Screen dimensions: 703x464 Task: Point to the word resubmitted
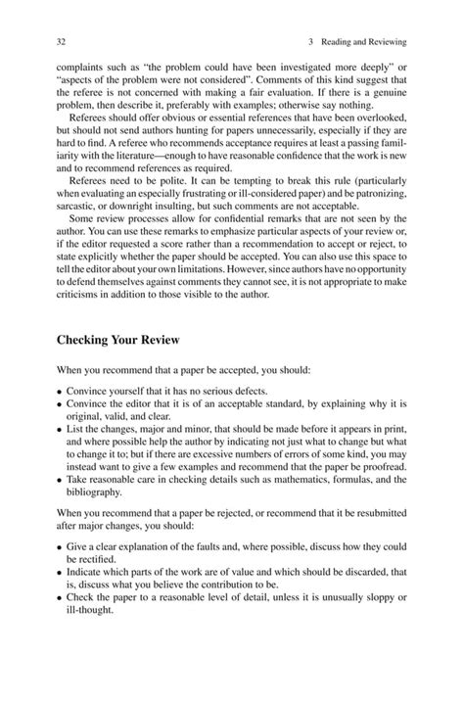tap(373, 512)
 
